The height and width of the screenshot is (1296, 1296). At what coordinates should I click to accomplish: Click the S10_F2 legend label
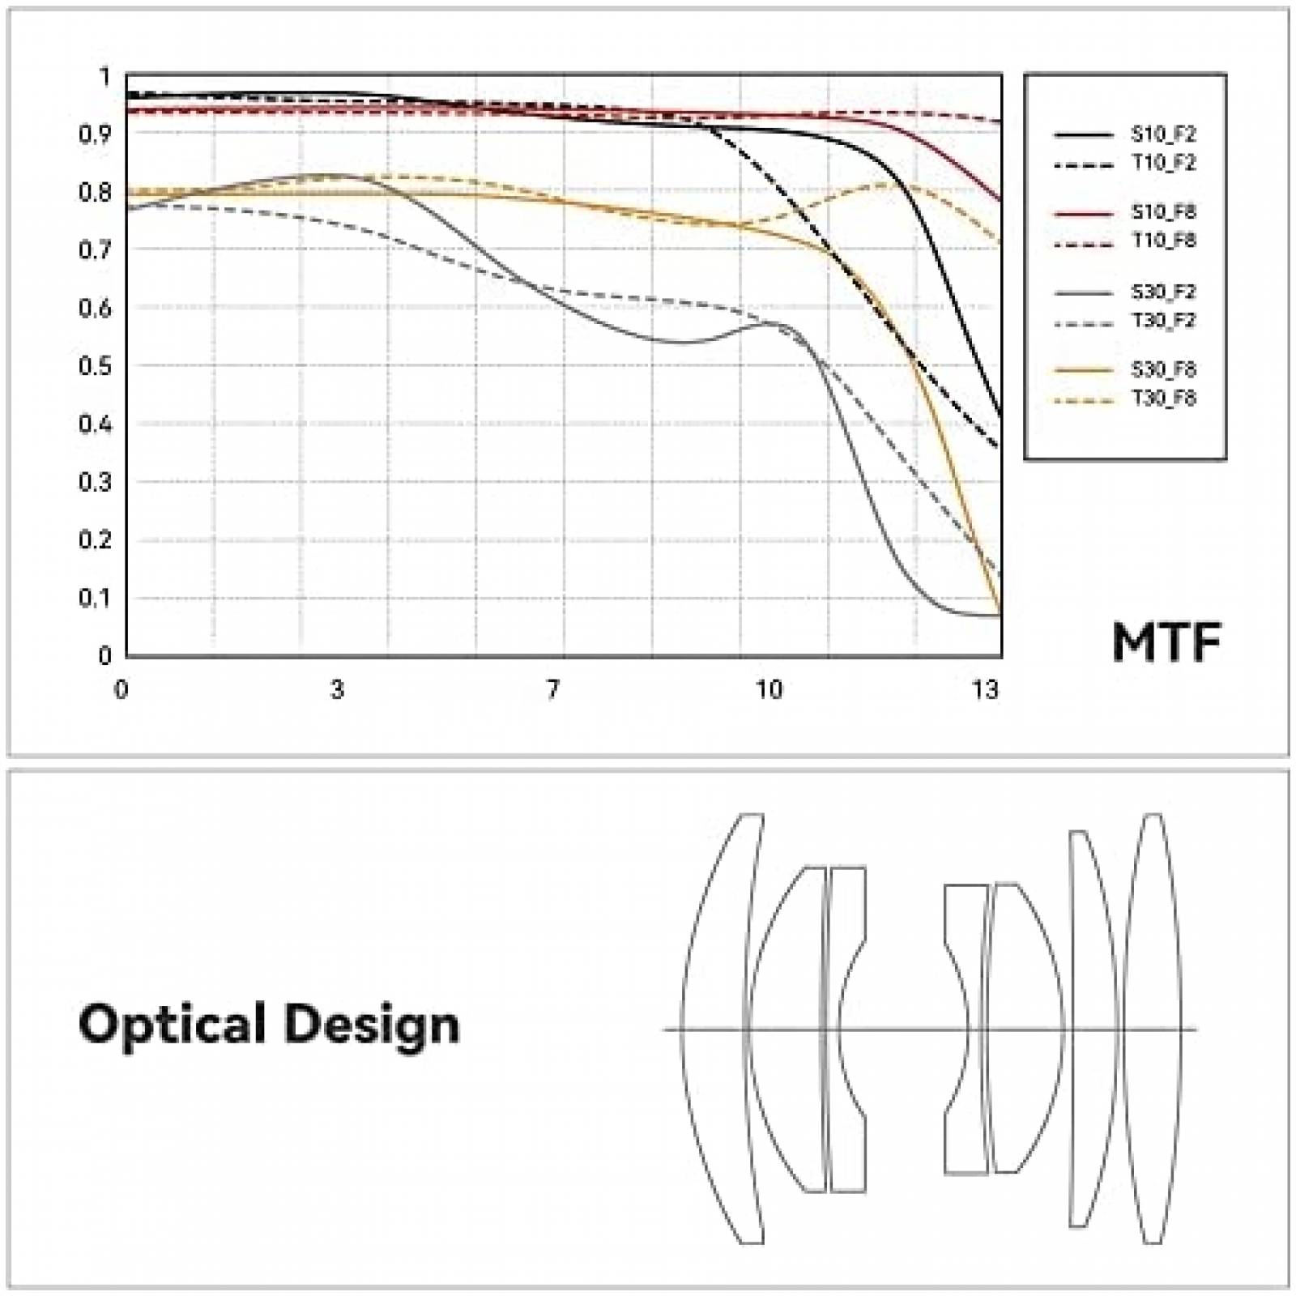[1163, 134]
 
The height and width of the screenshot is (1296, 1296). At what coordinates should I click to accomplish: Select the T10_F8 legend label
[1163, 241]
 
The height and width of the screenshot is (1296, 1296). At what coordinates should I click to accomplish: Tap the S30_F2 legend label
[1163, 292]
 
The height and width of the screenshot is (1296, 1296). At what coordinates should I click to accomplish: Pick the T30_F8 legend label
[1163, 399]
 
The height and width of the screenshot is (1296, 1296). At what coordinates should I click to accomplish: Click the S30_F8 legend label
[1163, 369]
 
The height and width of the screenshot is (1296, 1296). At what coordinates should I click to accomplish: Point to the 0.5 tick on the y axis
[95, 366]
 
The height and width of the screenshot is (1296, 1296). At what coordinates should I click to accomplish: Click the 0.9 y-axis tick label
[95, 134]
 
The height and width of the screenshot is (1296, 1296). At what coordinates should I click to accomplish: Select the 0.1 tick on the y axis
[95, 599]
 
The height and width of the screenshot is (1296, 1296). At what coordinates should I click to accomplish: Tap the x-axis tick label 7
[552, 689]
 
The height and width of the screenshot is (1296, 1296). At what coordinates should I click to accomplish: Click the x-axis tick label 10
[769, 689]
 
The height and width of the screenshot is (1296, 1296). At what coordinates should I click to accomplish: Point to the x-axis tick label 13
[985, 689]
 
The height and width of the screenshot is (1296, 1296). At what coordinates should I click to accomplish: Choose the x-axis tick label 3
[337, 689]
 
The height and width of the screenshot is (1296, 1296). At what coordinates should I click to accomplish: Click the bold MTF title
[1166, 642]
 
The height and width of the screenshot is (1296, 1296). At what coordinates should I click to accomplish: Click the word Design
[372, 1025]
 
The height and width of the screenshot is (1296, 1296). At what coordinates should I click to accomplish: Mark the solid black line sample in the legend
[1084, 134]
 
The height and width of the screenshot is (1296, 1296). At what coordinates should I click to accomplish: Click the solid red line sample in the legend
[1084, 213]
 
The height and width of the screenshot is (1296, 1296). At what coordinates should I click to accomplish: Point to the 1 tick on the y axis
[104, 77]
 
